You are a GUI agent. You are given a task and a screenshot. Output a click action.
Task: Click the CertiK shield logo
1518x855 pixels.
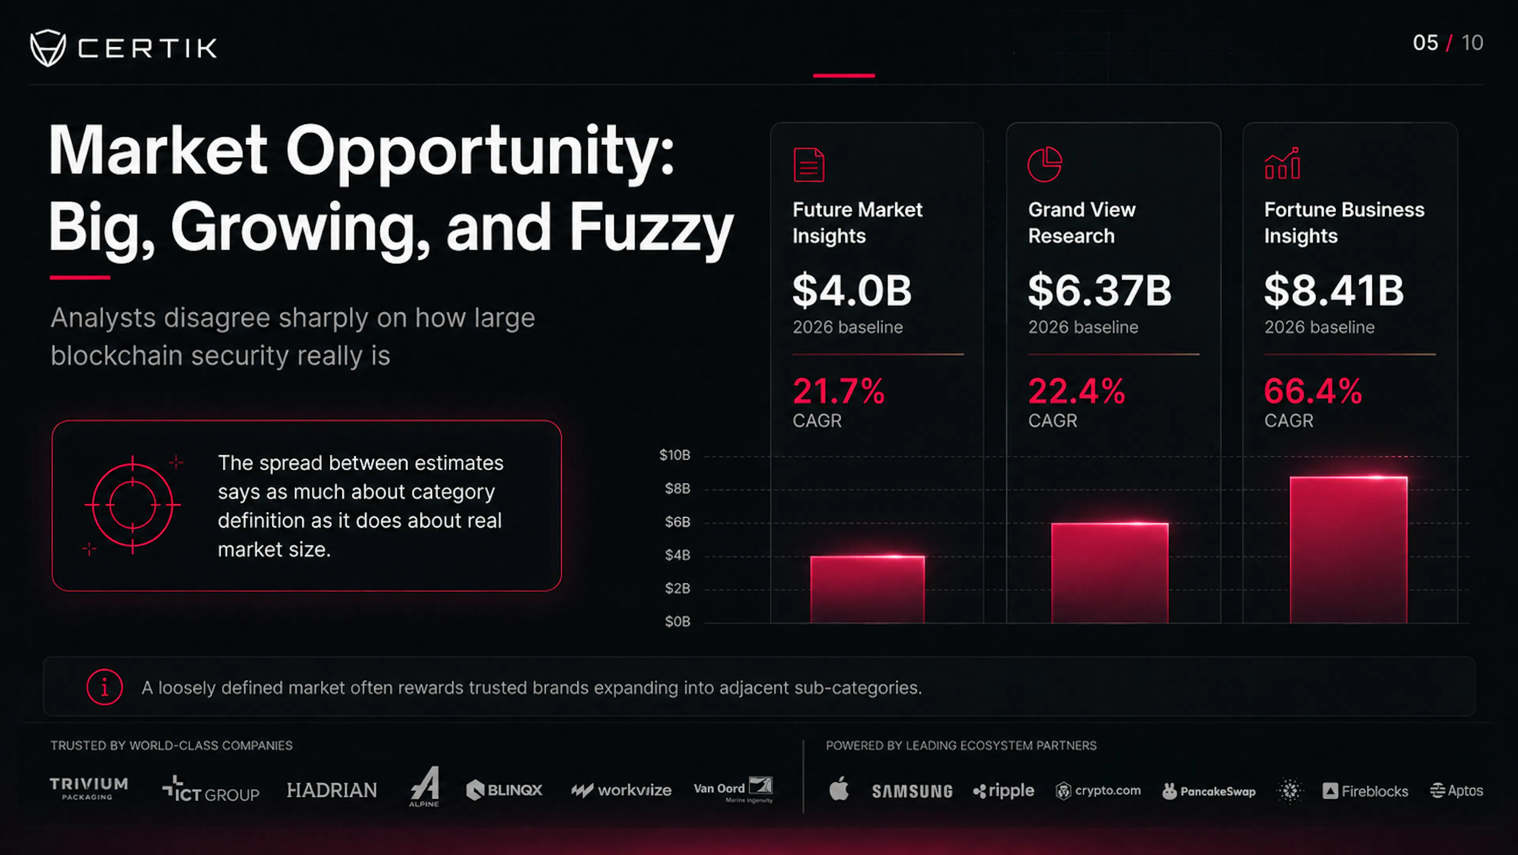(48, 48)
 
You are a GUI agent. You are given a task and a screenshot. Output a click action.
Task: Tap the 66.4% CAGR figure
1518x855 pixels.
(1313, 391)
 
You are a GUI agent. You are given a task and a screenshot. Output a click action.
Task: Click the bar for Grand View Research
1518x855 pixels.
(1110, 573)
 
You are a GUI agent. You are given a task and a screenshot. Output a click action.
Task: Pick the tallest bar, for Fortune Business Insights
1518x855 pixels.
(1348, 550)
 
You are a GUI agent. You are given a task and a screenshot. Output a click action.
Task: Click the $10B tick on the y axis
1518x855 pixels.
(675, 455)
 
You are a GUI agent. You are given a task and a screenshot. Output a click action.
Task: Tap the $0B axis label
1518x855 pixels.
(678, 622)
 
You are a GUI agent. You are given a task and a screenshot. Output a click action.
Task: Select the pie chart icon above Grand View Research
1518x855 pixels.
(1045, 165)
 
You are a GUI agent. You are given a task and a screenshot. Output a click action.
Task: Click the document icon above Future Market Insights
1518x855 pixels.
(809, 165)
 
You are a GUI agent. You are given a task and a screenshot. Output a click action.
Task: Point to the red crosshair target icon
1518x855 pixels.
(132, 505)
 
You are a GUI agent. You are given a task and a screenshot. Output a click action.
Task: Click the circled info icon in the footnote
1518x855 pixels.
(104, 687)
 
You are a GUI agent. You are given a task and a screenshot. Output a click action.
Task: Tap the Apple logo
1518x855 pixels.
(839, 789)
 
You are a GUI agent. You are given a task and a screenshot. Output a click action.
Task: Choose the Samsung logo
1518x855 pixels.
(912, 791)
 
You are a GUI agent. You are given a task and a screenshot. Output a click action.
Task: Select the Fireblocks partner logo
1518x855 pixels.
(1365, 791)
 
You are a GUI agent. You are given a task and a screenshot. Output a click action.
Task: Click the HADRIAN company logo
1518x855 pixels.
(332, 790)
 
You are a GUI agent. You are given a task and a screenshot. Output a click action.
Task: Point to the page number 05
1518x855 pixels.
(1425, 42)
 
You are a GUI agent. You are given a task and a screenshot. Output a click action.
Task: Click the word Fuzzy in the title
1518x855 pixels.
(651, 229)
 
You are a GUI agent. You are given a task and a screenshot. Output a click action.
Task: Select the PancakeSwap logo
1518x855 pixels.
(1208, 791)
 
